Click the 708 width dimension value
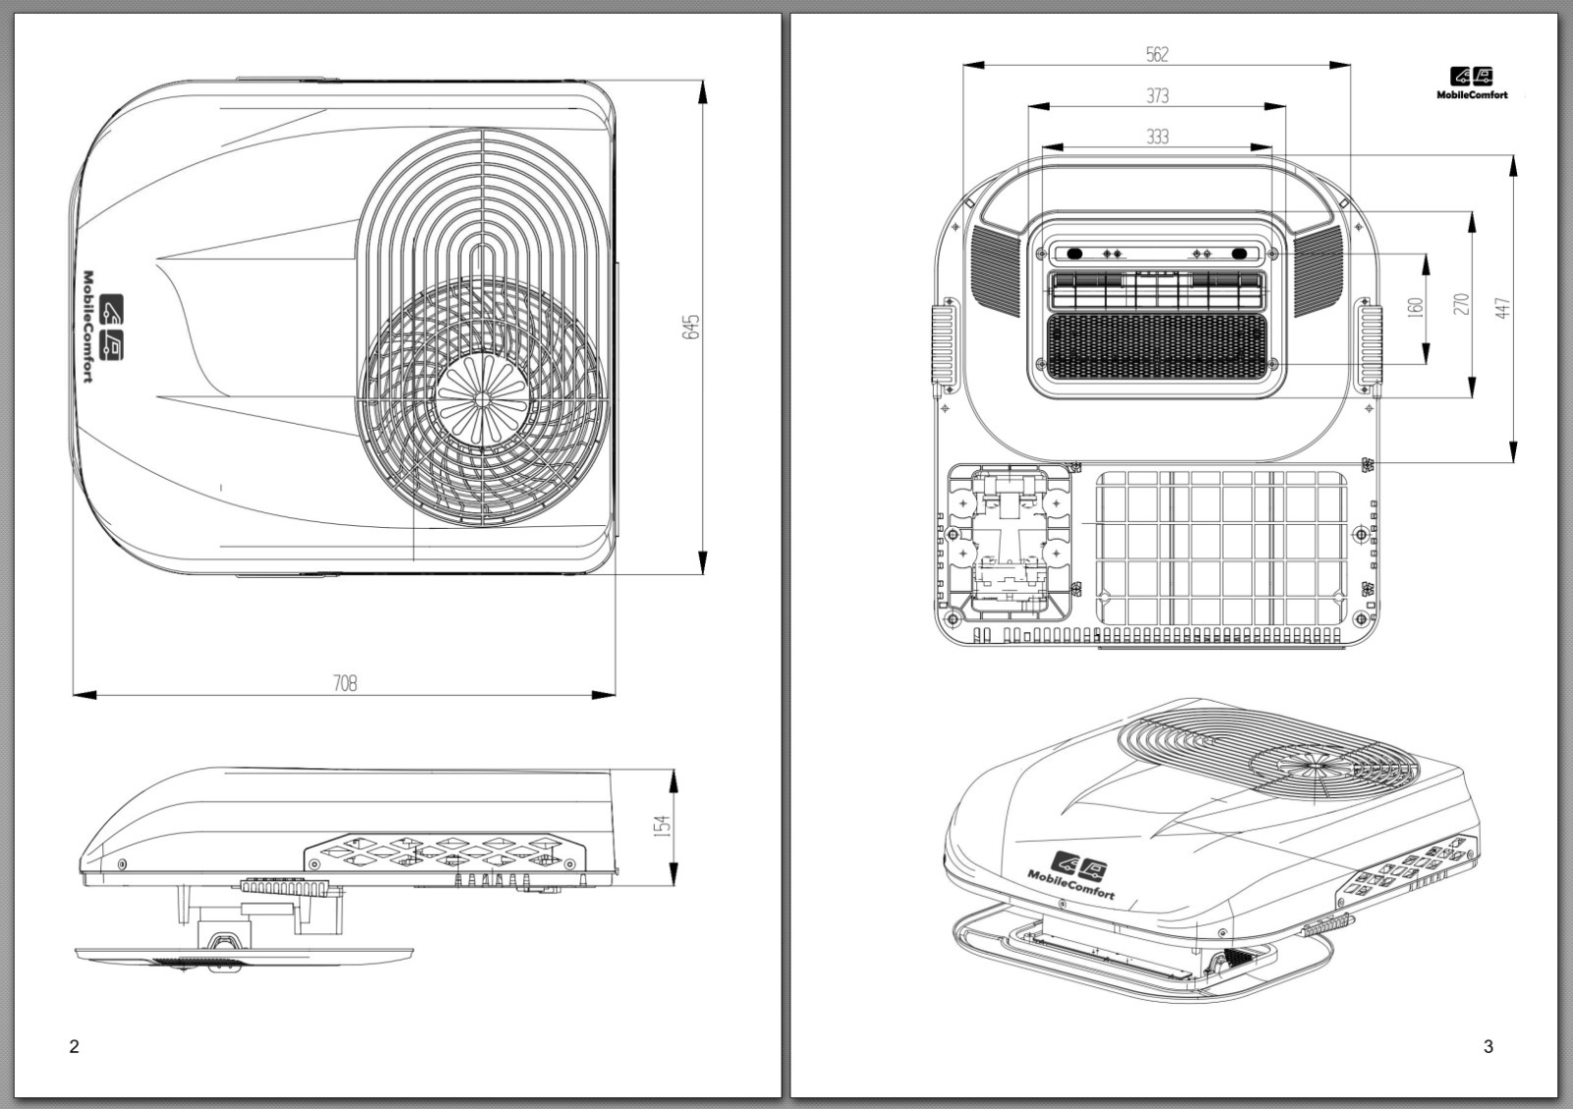click(344, 681)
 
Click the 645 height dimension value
click(691, 327)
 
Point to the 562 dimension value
click(1157, 54)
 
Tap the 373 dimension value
click(1157, 95)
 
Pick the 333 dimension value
click(1157, 137)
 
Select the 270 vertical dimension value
click(1460, 304)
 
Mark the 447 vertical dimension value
click(1501, 308)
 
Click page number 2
click(74, 1046)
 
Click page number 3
click(1487, 1046)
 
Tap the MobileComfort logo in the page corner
click(1472, 83)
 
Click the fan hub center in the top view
click(482, 398)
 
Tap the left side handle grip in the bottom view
click(945, 342)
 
